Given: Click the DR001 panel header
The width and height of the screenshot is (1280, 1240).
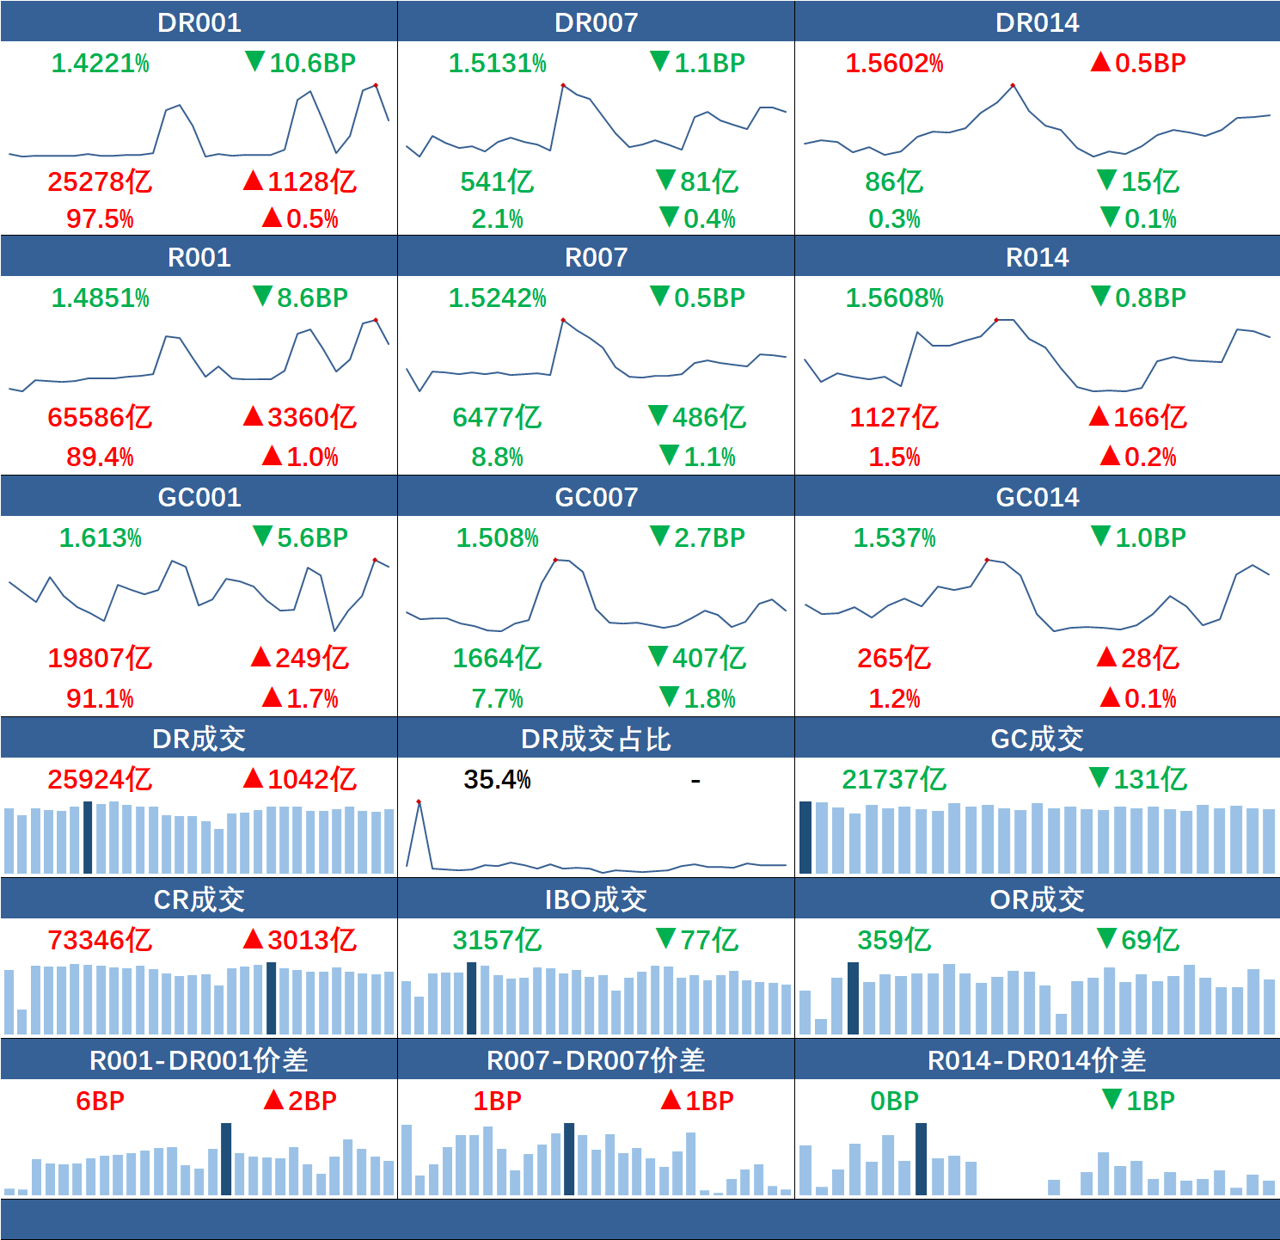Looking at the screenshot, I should [199, 22].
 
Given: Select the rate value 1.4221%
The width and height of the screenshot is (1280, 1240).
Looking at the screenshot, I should [100, 63].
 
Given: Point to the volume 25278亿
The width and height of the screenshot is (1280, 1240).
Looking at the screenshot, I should [100, 181].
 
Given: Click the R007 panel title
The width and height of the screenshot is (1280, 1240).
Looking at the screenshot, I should [596, 257].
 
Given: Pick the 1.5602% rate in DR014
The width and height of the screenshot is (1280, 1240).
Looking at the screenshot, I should [894, 63].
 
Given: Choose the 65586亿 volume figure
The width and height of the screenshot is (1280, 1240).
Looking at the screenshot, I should [100, 417].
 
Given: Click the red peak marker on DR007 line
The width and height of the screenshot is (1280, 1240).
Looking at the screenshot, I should [563, 85].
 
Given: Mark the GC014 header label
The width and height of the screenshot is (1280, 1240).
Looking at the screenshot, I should [1037, 497].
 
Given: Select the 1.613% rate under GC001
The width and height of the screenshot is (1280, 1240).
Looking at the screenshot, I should [100, 538].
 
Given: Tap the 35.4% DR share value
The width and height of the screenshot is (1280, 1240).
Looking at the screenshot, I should [497, 780].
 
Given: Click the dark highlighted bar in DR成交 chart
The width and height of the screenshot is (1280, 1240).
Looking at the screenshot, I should [88, 837].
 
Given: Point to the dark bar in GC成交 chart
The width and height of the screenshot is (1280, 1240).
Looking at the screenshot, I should [805, 837].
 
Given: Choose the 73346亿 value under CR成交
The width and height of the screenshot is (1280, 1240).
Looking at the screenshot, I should [100, 940].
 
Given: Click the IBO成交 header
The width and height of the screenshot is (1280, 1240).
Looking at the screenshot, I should [596, 899].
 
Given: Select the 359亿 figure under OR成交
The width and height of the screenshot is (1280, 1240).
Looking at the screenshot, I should [894, 940].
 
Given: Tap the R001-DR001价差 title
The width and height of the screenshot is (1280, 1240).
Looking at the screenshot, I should [199, 1060].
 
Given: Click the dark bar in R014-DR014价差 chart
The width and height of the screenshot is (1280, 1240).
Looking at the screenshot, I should [921, 1158].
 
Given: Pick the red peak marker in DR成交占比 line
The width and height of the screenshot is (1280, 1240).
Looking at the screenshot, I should [419, 801].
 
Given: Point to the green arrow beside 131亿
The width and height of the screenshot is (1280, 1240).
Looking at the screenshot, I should [1099, 777].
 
